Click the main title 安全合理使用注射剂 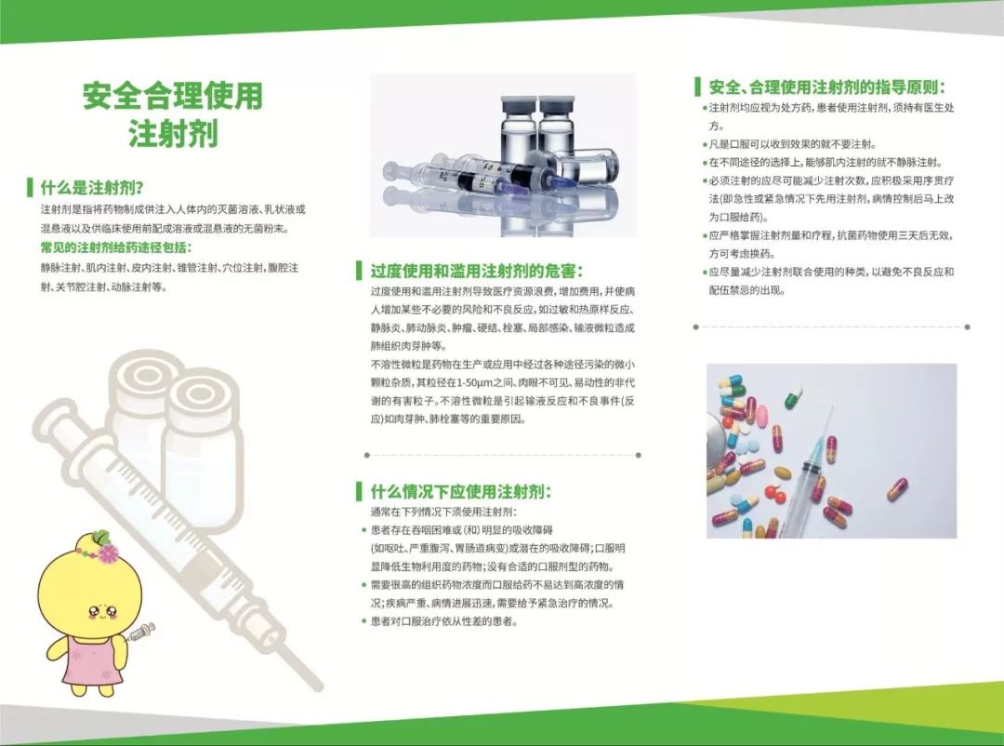(173, 114)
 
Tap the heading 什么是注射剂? (92, 188)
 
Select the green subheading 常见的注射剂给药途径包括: (116, 247)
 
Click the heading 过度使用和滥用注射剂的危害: (476, 271)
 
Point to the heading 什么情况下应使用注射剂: (460, 491)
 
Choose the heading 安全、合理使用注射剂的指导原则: (826, 87)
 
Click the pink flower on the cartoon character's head (106, 551)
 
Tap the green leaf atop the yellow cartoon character (100, 536)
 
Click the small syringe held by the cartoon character (141, 632)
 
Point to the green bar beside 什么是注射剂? (30, 188)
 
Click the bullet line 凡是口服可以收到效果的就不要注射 (793, 144)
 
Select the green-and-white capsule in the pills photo (793, 394)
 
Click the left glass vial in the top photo (519, 131)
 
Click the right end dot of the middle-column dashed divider (639, 455)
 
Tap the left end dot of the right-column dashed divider (696, 326)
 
